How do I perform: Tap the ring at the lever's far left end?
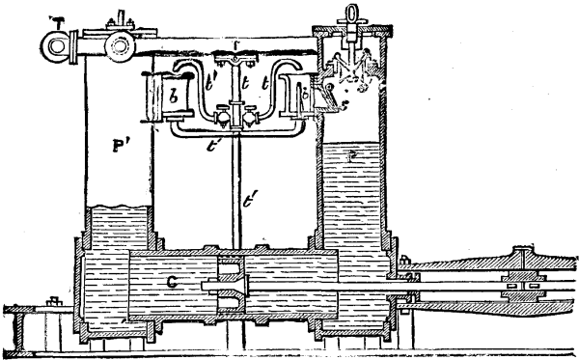pyautogui.click(x=55, y=44)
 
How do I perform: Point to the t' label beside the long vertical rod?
pyautogui.click(x=250, y=202)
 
